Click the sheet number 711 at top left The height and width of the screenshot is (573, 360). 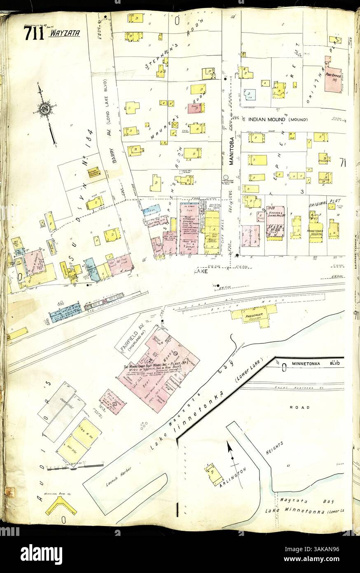pyautogui.click(x=34, y=33)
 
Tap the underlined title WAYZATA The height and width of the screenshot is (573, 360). pyautogui.click(x=64, y=33)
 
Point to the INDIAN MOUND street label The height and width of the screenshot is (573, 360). pyautogui.click(x=268, y=120)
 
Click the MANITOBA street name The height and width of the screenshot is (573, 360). pyautogui.click(x=231, y=150)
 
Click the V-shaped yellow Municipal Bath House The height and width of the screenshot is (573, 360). pyautogui.click(x=61, y=505)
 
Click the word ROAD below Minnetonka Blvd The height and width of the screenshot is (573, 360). pyautogui.click(x=305, y=408)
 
